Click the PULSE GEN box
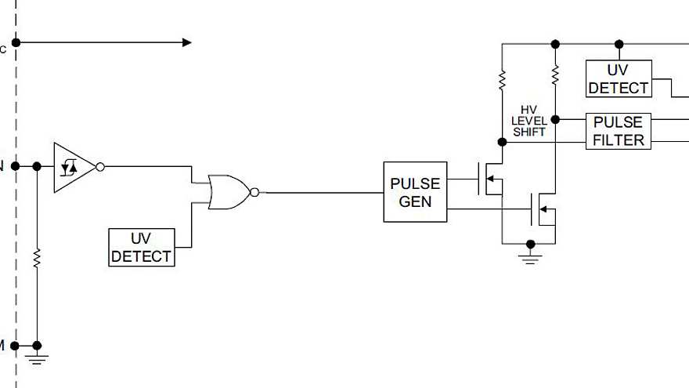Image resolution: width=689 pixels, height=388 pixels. point(415,192)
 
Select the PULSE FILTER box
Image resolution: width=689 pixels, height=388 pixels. point(619,131)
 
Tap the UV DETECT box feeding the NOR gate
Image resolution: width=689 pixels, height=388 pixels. point(141,247)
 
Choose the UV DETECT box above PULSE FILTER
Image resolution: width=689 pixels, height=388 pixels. point(619,79)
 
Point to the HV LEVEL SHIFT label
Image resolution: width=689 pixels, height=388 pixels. point(529,121)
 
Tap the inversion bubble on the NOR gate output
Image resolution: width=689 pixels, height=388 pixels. point(254,192)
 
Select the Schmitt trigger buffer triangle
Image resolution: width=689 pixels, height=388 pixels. point(73,167)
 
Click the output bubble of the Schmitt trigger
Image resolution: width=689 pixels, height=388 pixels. point(99,166)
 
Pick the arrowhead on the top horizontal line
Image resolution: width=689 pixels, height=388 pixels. point(186,42)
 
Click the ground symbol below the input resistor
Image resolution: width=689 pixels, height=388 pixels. point(37,358)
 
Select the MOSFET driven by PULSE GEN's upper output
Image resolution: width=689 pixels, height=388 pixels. point(490,179)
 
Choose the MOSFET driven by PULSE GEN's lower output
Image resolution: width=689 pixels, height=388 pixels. point(543,209)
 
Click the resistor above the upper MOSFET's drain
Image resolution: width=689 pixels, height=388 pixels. point(502,79)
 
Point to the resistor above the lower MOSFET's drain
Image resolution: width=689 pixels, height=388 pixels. point(555,75)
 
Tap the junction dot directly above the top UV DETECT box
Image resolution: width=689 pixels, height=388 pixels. point(619,44)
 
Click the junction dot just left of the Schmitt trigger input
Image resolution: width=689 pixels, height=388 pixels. point(37,166)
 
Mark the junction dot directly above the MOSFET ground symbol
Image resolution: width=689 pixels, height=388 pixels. point(530,244)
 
